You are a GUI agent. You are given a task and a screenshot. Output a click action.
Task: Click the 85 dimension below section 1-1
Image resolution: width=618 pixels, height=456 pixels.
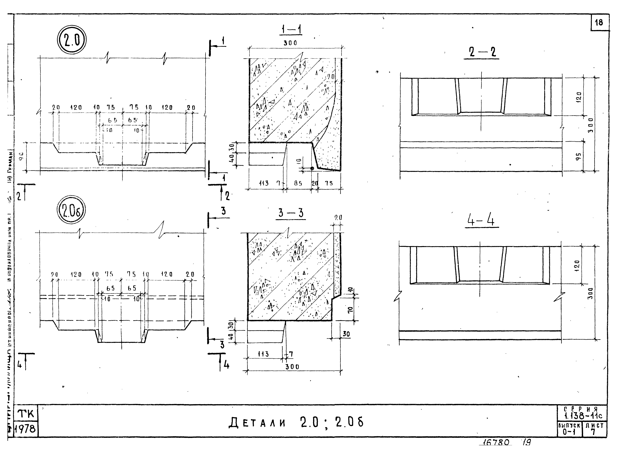click(298, 183)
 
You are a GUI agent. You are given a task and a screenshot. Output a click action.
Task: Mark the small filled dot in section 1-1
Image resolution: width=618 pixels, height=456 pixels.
click(312, 168)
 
